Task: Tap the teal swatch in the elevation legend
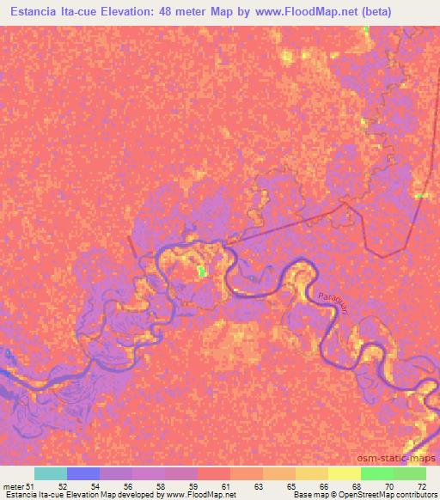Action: (51, 473)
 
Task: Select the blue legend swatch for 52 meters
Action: (83, 473)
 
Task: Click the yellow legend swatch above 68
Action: (345, 473)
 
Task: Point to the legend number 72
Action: (421, 485)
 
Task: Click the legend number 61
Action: (224, 485)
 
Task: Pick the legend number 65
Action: (290, 485)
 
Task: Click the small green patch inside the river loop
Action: (202, 271)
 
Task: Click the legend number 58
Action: (160, 485)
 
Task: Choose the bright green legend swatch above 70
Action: (377, 473)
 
